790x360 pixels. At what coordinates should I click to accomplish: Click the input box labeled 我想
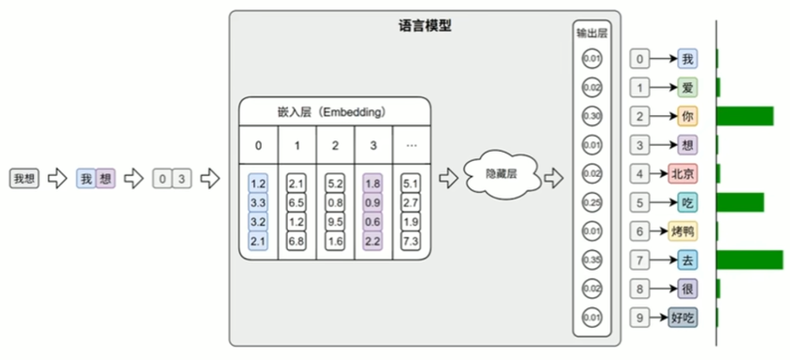(23, 179)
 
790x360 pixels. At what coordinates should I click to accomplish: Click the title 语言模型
(424, 25)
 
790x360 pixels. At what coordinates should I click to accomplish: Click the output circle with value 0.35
(592, 260)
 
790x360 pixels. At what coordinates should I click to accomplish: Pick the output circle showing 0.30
(592, 116)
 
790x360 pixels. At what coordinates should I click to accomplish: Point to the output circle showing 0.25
(592, 203)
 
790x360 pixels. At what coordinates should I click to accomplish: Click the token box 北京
(683, 173)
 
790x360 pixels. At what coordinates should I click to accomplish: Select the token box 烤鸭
(683, 231)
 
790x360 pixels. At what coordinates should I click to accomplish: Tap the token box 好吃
(683, 317)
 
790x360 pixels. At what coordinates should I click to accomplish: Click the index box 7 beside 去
(639, 260)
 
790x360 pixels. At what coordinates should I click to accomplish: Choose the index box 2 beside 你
(639, 116)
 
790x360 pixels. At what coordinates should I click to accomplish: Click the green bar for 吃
(740, 202)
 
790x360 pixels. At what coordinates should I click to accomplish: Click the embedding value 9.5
(335, 222)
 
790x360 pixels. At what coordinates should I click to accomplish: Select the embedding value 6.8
(297, 241)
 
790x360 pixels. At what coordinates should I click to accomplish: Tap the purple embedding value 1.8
(374, 184)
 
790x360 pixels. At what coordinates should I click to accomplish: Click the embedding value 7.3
(412, 241)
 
